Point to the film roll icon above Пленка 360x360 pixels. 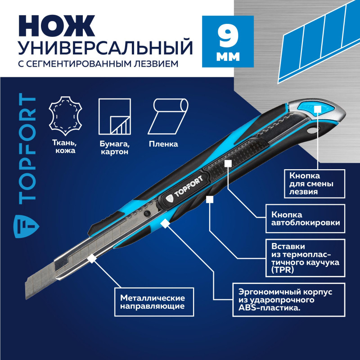[x=169, y=116]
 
